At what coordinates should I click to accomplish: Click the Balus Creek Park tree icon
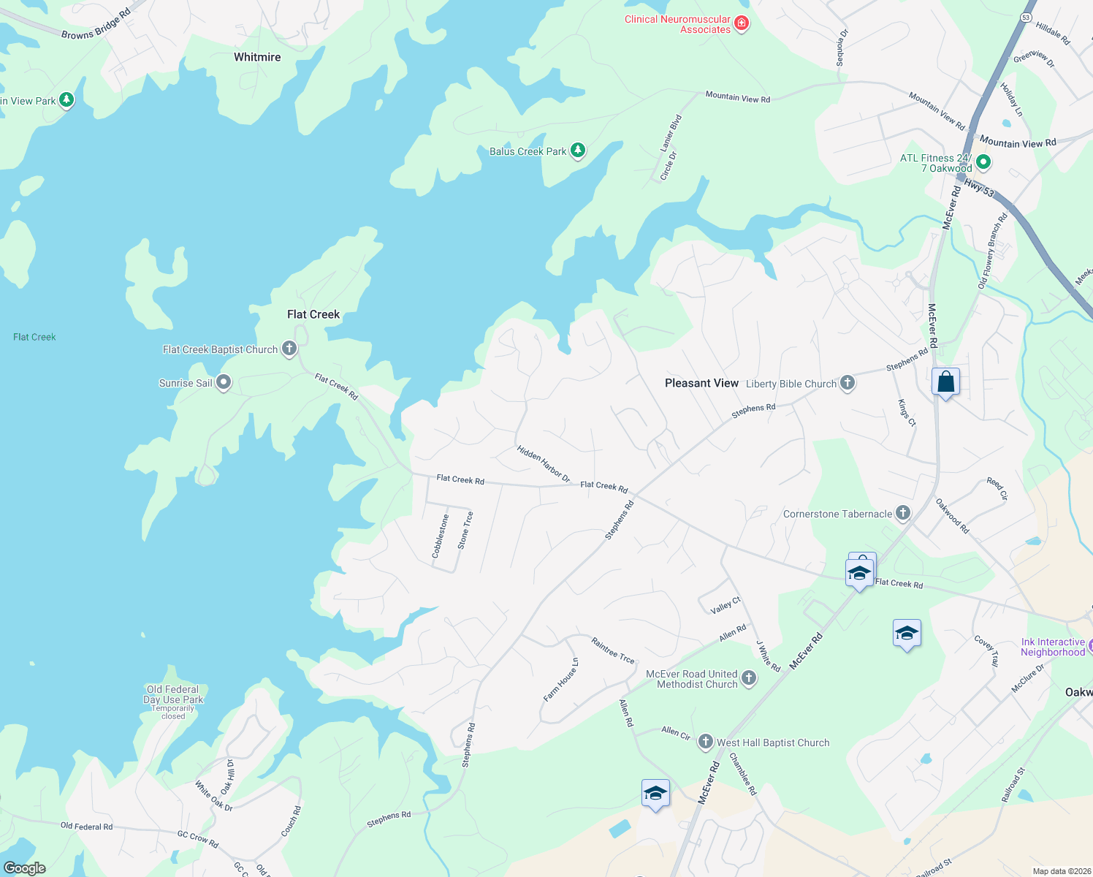(578, 151)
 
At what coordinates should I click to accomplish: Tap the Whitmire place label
(257, 57)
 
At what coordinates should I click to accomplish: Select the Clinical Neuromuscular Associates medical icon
(742, 24)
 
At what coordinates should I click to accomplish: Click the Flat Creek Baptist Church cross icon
(289, 349)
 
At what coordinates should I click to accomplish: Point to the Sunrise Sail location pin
(224, 382)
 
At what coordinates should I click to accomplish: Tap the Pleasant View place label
(701, 383)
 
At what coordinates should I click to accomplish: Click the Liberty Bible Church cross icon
(848, 383)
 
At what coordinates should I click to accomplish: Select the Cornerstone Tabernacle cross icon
(903, 513)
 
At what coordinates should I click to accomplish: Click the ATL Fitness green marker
(983, 162)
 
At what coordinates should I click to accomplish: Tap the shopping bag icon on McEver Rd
(945, 382)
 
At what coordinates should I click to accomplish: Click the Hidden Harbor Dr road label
(543, 463)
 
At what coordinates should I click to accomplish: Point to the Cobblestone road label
(440, 536)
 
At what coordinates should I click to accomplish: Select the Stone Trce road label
(465, 530)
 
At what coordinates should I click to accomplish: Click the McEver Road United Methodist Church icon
(749, 678)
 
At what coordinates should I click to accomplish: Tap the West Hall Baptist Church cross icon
(705, 742)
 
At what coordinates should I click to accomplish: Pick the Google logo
(25, 867)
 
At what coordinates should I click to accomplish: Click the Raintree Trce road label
(613, 650)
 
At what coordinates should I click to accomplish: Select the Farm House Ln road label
(561, 680)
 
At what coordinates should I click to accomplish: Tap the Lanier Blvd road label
(671, 133)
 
